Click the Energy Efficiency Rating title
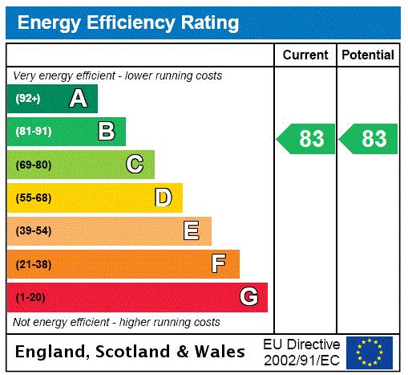pos(128,22)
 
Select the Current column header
pos(305,55)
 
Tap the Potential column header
pos(368,55)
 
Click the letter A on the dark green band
pos(78,99)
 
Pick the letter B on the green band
pos(106,132)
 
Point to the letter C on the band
pos(135,165)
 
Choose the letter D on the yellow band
pos(164,198)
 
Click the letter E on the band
pos(192,231)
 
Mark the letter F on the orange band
pos(219,264)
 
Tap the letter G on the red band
pos(249,297)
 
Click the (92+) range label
pos(28,99)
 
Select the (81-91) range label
pos(33,132)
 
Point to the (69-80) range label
pos(33,165)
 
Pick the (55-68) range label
pos(33,198)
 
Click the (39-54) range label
pos(33,231)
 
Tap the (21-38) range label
pos(33,264)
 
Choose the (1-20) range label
pos(30,297)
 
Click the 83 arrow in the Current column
pos(305,139)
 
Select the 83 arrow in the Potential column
pos(368,139)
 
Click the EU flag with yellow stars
pos(370,352)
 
